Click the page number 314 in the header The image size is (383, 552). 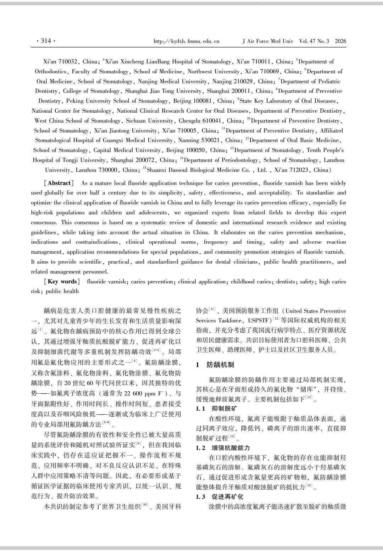(x=46, y=41)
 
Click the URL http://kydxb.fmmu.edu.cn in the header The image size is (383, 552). (x=186, y=41)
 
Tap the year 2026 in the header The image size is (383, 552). (x=340, y=41)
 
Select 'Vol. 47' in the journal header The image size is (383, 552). (x=307, y=41)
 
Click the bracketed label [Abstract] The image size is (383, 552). (x=59, y=183)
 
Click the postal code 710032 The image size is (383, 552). (x=68, y=62)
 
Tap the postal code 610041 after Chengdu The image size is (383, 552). (x=209, y=121)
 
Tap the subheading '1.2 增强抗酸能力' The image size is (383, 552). (x=223, y=448)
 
